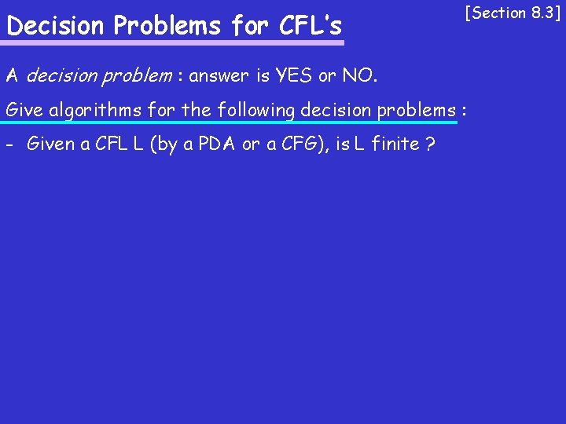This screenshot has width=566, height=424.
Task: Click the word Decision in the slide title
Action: (56, 27)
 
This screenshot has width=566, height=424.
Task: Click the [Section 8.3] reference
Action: (513, 13)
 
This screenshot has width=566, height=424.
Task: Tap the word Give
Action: (24, 110)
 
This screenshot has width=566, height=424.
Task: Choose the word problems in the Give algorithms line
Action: (417, 110)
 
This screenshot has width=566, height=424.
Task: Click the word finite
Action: (392, 144)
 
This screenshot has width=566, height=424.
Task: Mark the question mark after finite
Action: (431, 144)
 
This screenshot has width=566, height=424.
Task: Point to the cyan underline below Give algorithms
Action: (228, 123)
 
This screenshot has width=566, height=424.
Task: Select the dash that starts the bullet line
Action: (9, 144)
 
